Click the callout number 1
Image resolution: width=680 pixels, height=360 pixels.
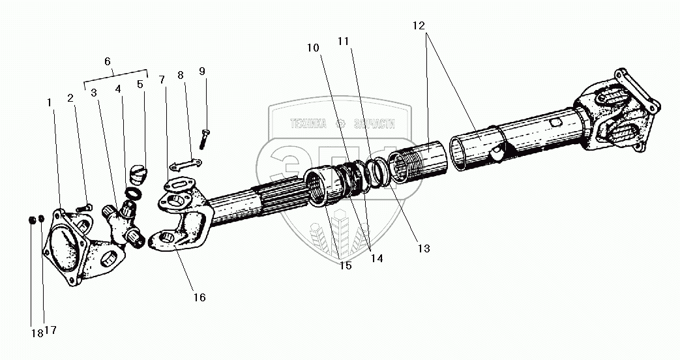tap(49, 102)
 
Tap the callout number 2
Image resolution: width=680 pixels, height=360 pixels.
tap(70, 98)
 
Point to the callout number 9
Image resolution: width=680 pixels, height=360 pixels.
tap(202, 70)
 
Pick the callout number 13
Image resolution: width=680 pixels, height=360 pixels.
tap(424, 248)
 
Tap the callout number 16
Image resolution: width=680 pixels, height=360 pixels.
tap(200, 297)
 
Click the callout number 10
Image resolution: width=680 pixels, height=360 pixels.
tap(314, 48)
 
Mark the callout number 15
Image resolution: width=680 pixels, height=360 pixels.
tap(345, 265)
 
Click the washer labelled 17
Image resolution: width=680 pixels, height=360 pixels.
tap(41, 219)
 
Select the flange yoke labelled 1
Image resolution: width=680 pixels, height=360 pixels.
tap(65, 248)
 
